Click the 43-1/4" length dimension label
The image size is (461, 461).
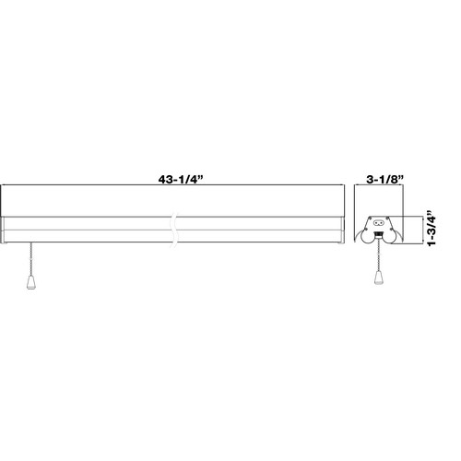(x=181, y=180)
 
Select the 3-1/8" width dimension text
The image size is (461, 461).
(x=384, y=180)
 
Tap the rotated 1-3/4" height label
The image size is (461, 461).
(x=431, y=228)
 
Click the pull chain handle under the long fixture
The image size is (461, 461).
(x=30, y=282)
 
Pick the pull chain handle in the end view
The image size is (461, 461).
(x=378, y=278)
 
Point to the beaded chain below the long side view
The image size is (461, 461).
(x=30, y=259)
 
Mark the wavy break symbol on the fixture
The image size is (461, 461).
(x=174, y=230)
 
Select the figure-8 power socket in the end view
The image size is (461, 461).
(x=377, y=222)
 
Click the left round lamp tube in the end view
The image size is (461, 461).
(x=367, y=237)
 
